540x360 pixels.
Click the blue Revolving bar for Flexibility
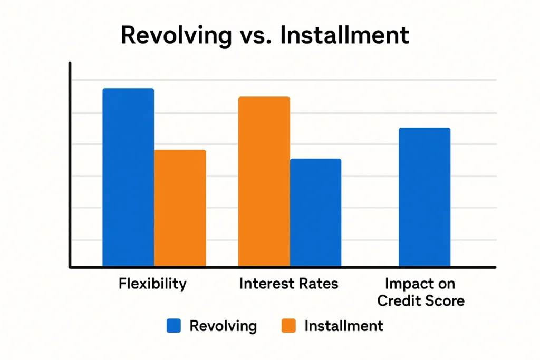pos(128,177)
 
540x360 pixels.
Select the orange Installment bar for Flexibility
pos(180,208)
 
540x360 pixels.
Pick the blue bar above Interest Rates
pos(315,212)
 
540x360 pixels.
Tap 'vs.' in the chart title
pos(257,35)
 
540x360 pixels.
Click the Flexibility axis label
pos(152,284)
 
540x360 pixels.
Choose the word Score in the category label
pos(447,301)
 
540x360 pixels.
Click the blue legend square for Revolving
pos(173,326)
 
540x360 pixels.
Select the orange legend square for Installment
pos(288,326)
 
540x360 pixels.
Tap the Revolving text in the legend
pos(223,326)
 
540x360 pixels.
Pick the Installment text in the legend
pos(344,326)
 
